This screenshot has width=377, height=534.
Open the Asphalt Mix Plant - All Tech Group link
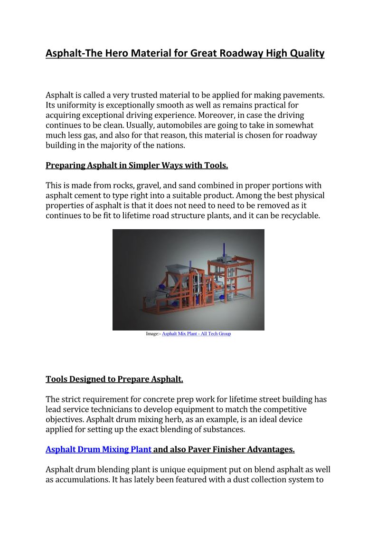(196, 334)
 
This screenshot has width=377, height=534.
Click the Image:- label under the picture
(153, 334)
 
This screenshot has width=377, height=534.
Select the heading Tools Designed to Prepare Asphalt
(114, 379)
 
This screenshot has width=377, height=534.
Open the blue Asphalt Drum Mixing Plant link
(98, 449)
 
